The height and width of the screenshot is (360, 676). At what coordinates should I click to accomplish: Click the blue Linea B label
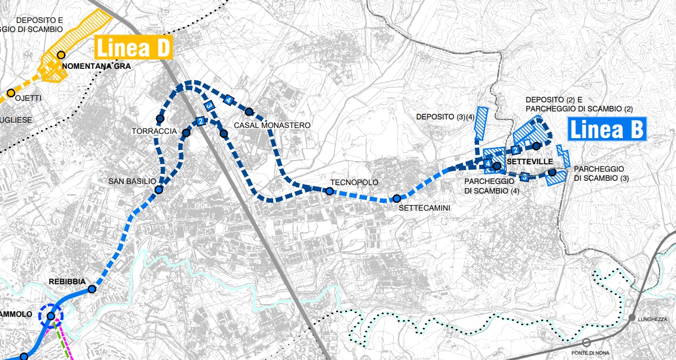607,130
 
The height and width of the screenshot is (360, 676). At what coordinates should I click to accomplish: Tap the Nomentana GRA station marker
61,55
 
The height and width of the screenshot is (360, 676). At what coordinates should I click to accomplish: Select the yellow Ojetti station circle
10,93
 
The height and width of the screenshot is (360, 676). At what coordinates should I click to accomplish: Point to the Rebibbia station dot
92,289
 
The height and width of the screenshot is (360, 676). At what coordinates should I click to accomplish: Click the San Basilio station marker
158,190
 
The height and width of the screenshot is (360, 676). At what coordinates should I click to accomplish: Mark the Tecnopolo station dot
330,191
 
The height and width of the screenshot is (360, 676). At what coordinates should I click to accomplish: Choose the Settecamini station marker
396,198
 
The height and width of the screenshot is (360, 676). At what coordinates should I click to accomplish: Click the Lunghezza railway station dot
632,318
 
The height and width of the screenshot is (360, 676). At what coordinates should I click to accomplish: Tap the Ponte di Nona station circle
586,342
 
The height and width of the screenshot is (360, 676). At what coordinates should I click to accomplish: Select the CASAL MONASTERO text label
272,125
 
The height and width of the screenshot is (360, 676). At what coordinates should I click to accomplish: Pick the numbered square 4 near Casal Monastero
228,100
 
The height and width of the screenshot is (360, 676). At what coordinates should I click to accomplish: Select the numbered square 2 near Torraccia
201,121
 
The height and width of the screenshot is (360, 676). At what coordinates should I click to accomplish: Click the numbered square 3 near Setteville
524,177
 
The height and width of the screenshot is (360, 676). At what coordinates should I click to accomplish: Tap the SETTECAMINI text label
424,209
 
